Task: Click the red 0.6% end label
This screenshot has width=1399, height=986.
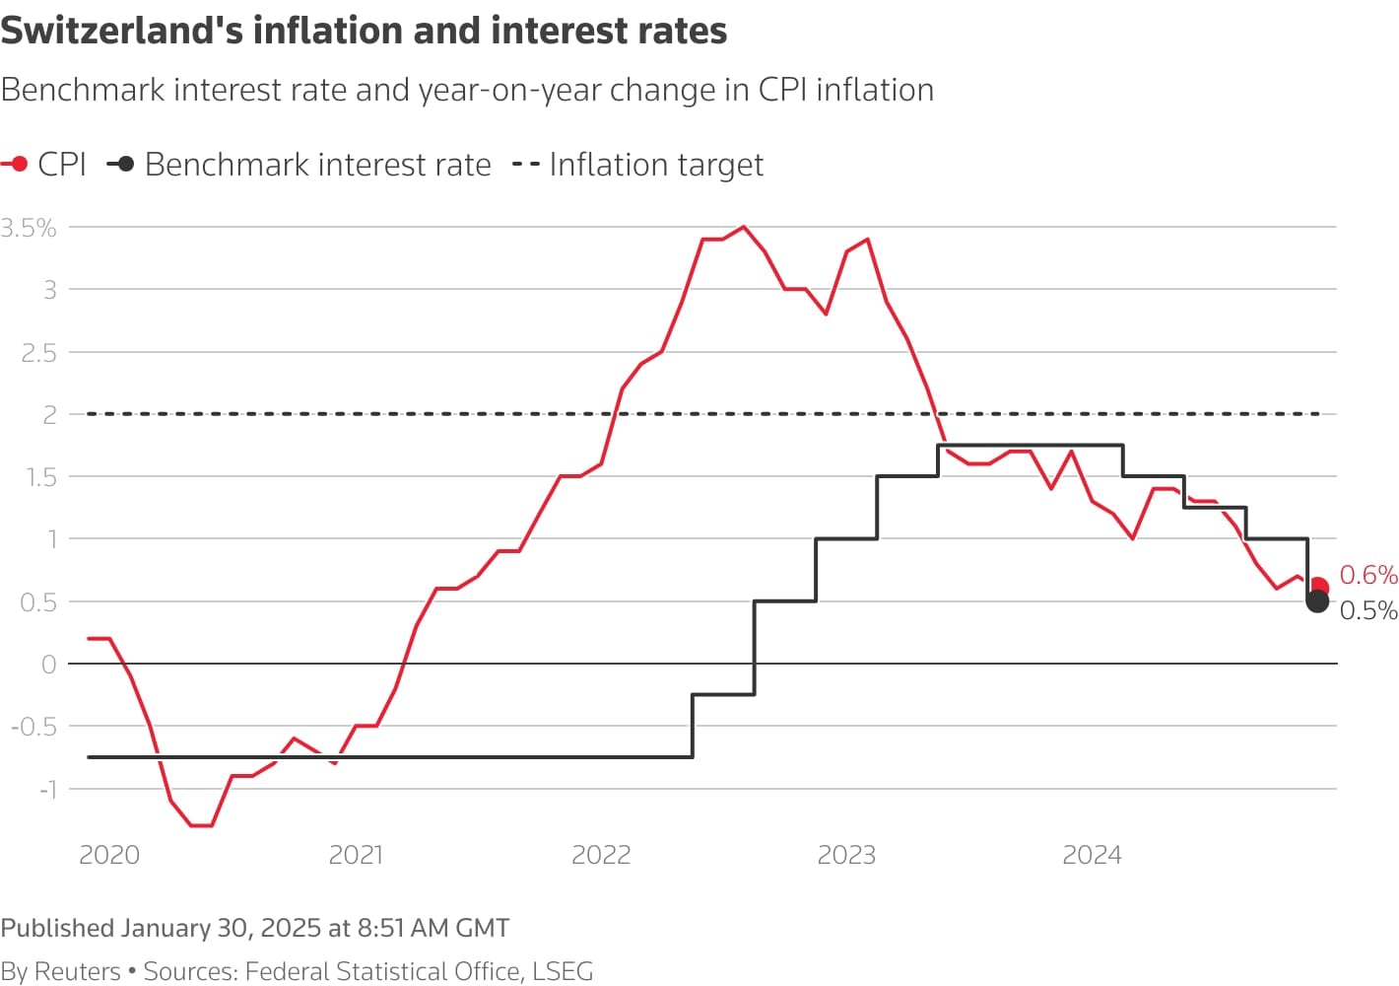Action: coord(1367,575)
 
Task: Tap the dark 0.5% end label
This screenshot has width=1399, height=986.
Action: coord(1367,610)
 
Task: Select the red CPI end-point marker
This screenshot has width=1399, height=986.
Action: coord(1319,588)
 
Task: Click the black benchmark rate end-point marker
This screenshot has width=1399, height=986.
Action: coord(1317,601)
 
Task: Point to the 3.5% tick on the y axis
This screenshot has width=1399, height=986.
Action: coord(29,228)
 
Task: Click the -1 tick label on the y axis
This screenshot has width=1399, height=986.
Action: coord(47,789)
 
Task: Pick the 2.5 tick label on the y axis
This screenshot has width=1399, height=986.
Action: coord(38,353)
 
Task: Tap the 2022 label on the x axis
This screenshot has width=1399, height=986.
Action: coord(601,855)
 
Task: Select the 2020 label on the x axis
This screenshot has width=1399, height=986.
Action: coord(109,855)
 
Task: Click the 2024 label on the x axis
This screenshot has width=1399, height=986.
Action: coord(1092,855)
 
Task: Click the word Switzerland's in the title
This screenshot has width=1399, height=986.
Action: coord(121,31)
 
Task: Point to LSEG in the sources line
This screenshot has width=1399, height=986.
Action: coord(563,971)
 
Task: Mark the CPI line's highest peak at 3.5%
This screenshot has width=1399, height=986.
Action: coord(743,227)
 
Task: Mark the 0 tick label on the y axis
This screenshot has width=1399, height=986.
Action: coord(48,665)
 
